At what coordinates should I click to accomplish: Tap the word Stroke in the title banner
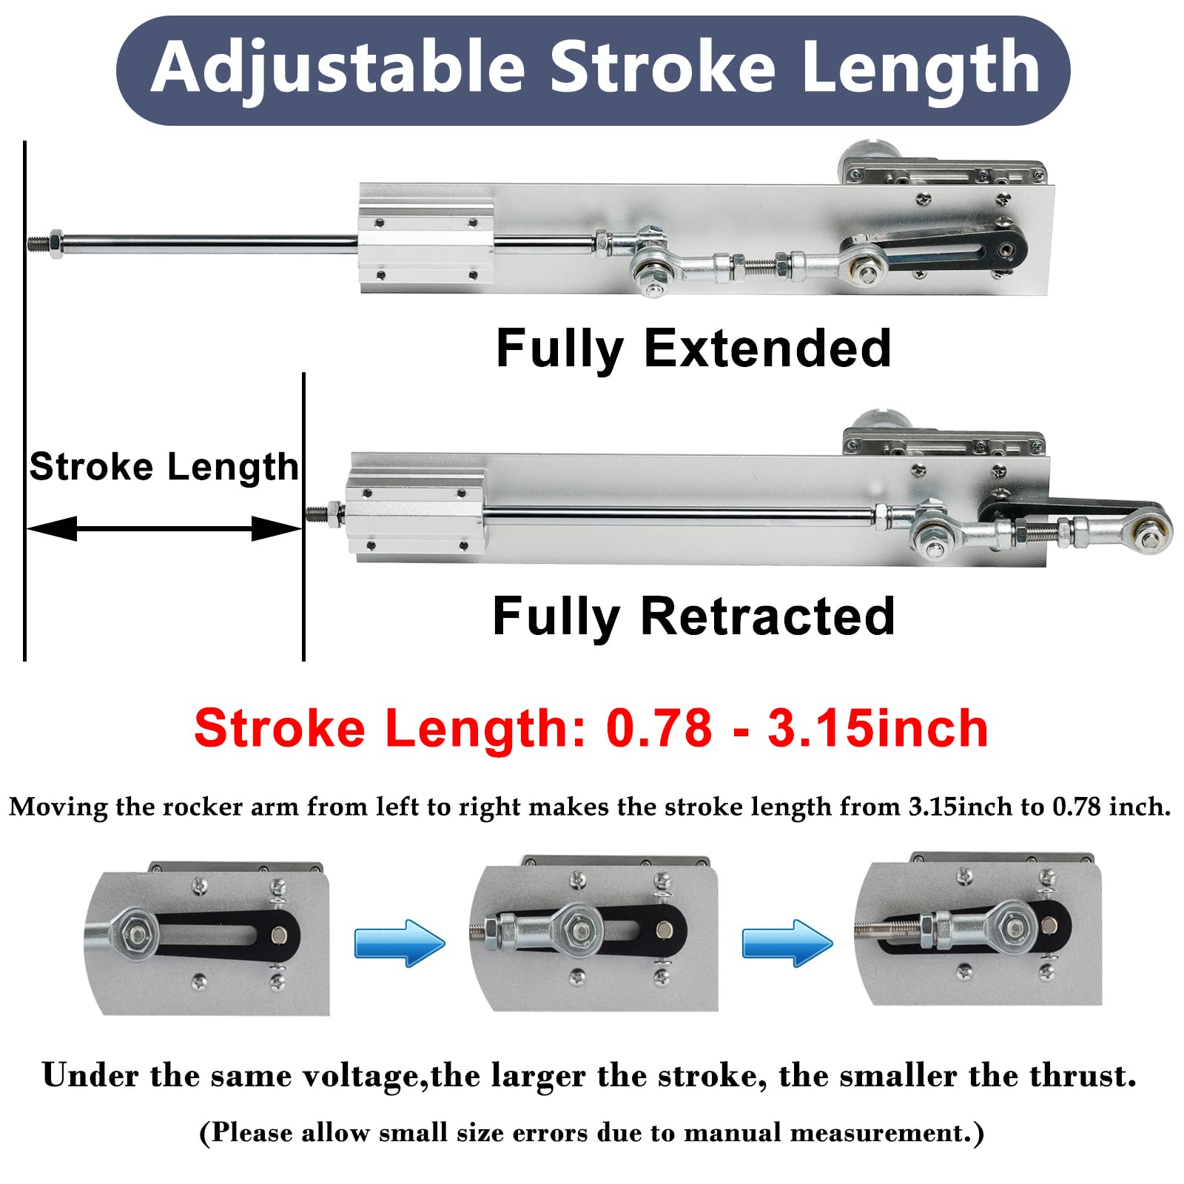[662, 68]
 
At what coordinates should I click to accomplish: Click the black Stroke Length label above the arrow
[164, 467]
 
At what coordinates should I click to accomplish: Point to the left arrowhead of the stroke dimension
[52, 528]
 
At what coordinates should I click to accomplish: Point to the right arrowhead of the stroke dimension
[277, 528]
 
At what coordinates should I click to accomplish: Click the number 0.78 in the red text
[659, 728]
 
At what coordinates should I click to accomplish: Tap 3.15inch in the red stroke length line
[878, 728]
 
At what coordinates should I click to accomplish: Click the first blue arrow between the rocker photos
[400, 943]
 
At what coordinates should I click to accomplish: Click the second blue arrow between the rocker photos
[787, 943]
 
